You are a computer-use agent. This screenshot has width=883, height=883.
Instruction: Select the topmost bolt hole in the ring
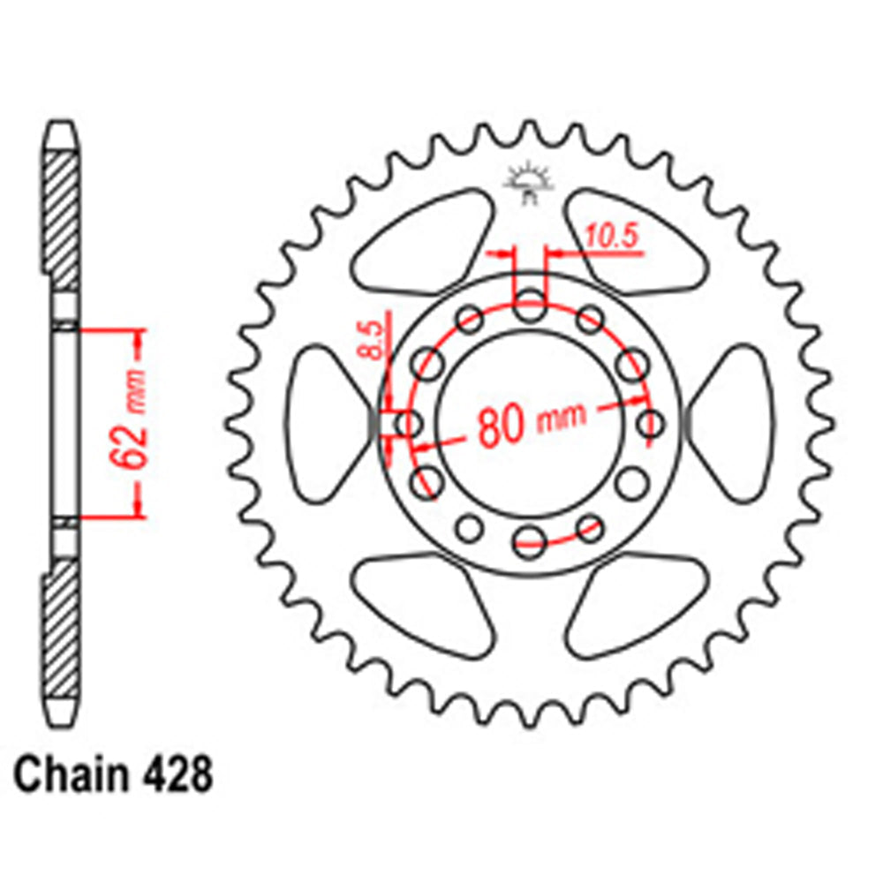pos(530,310)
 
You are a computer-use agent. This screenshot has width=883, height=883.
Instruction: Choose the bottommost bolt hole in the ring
pos(530,538)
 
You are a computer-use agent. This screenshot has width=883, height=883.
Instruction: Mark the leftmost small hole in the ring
pos(408,424)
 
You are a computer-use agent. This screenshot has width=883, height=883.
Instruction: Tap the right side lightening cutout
pos(735,424)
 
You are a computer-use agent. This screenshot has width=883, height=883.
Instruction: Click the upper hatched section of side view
pos(63,212)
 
